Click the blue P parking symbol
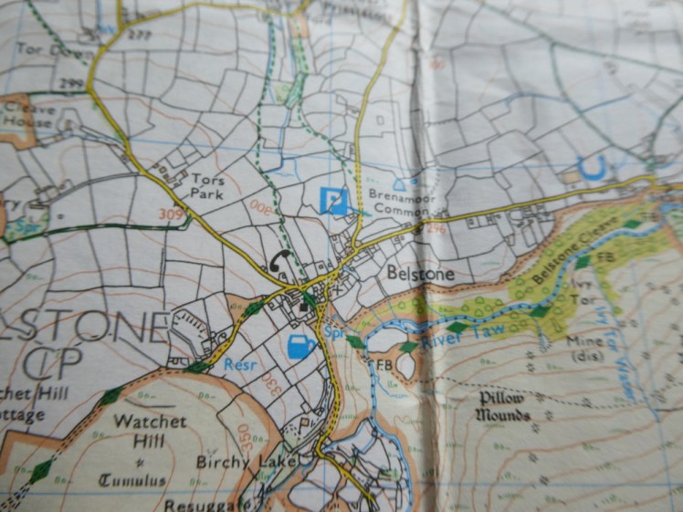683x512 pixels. point(335,200)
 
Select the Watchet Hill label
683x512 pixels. point(151,431)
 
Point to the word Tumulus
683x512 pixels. point(132,481)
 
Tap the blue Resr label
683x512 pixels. point(239,364)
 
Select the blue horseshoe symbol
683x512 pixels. point(594,166)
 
